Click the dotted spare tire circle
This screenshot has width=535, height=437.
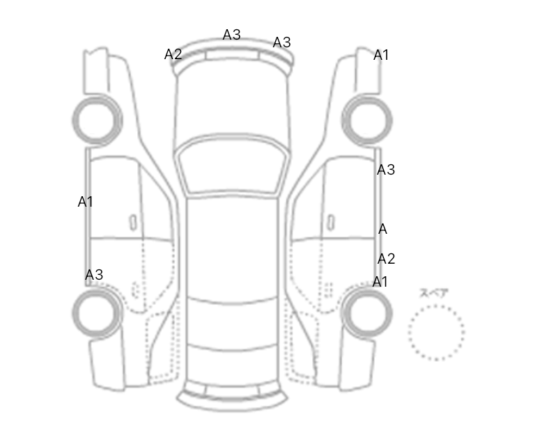point(436,333)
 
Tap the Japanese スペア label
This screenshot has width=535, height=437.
point(434,293)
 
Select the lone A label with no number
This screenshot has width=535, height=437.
point(382,229)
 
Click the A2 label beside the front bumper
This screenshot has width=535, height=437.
point(173,54)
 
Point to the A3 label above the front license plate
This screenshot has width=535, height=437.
point(232,34)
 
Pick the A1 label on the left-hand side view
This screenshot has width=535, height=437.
point(85,202)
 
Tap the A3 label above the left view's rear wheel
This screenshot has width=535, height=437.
point(94,274)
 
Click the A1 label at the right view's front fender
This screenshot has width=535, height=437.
point(381,55)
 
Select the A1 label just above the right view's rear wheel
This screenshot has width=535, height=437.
point(380,282)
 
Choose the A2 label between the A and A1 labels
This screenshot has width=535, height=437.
point(386,259)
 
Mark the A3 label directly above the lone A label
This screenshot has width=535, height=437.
point(386,169)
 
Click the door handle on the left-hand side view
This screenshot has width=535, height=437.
point(133,222)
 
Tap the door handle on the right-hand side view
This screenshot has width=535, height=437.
point(330,222)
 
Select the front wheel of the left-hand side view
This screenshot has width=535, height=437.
point(97,120)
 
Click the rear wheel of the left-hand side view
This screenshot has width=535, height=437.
point(97,313)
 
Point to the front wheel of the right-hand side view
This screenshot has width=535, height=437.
point(367,120)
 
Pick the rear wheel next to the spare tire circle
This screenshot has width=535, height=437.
point(367,313)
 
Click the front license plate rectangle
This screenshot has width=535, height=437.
point(232,55)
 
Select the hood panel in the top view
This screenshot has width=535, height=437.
point(232,102)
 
